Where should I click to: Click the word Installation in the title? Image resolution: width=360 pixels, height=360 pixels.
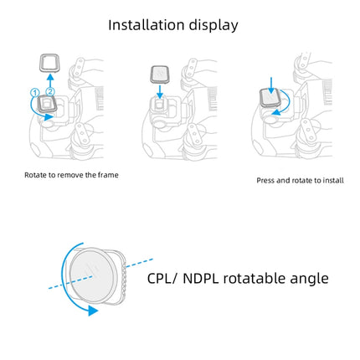point(147,25)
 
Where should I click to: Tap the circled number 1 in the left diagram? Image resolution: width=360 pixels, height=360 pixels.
point(35,90)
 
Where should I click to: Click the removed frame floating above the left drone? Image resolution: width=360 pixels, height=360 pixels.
point(49,63)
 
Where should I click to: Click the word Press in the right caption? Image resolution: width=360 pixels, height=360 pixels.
point(266,180)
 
